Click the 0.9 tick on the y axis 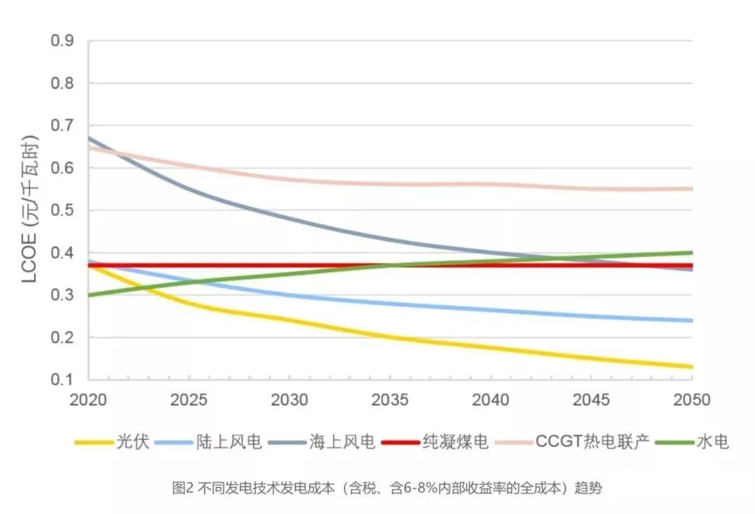click(63, 41)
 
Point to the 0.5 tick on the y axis click(63, 210)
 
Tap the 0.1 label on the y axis click(63, 380)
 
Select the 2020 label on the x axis click(89, 400)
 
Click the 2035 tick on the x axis click(390, 400)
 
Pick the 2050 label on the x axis click(691, 400)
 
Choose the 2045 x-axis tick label click(591, 400)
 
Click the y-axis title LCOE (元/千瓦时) click(30, 210)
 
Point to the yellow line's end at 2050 click(691, 366)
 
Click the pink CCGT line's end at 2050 click(691, 189)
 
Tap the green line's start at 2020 click(90, 295)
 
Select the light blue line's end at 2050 click(691, 320)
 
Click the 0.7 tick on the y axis click(63, 126)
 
